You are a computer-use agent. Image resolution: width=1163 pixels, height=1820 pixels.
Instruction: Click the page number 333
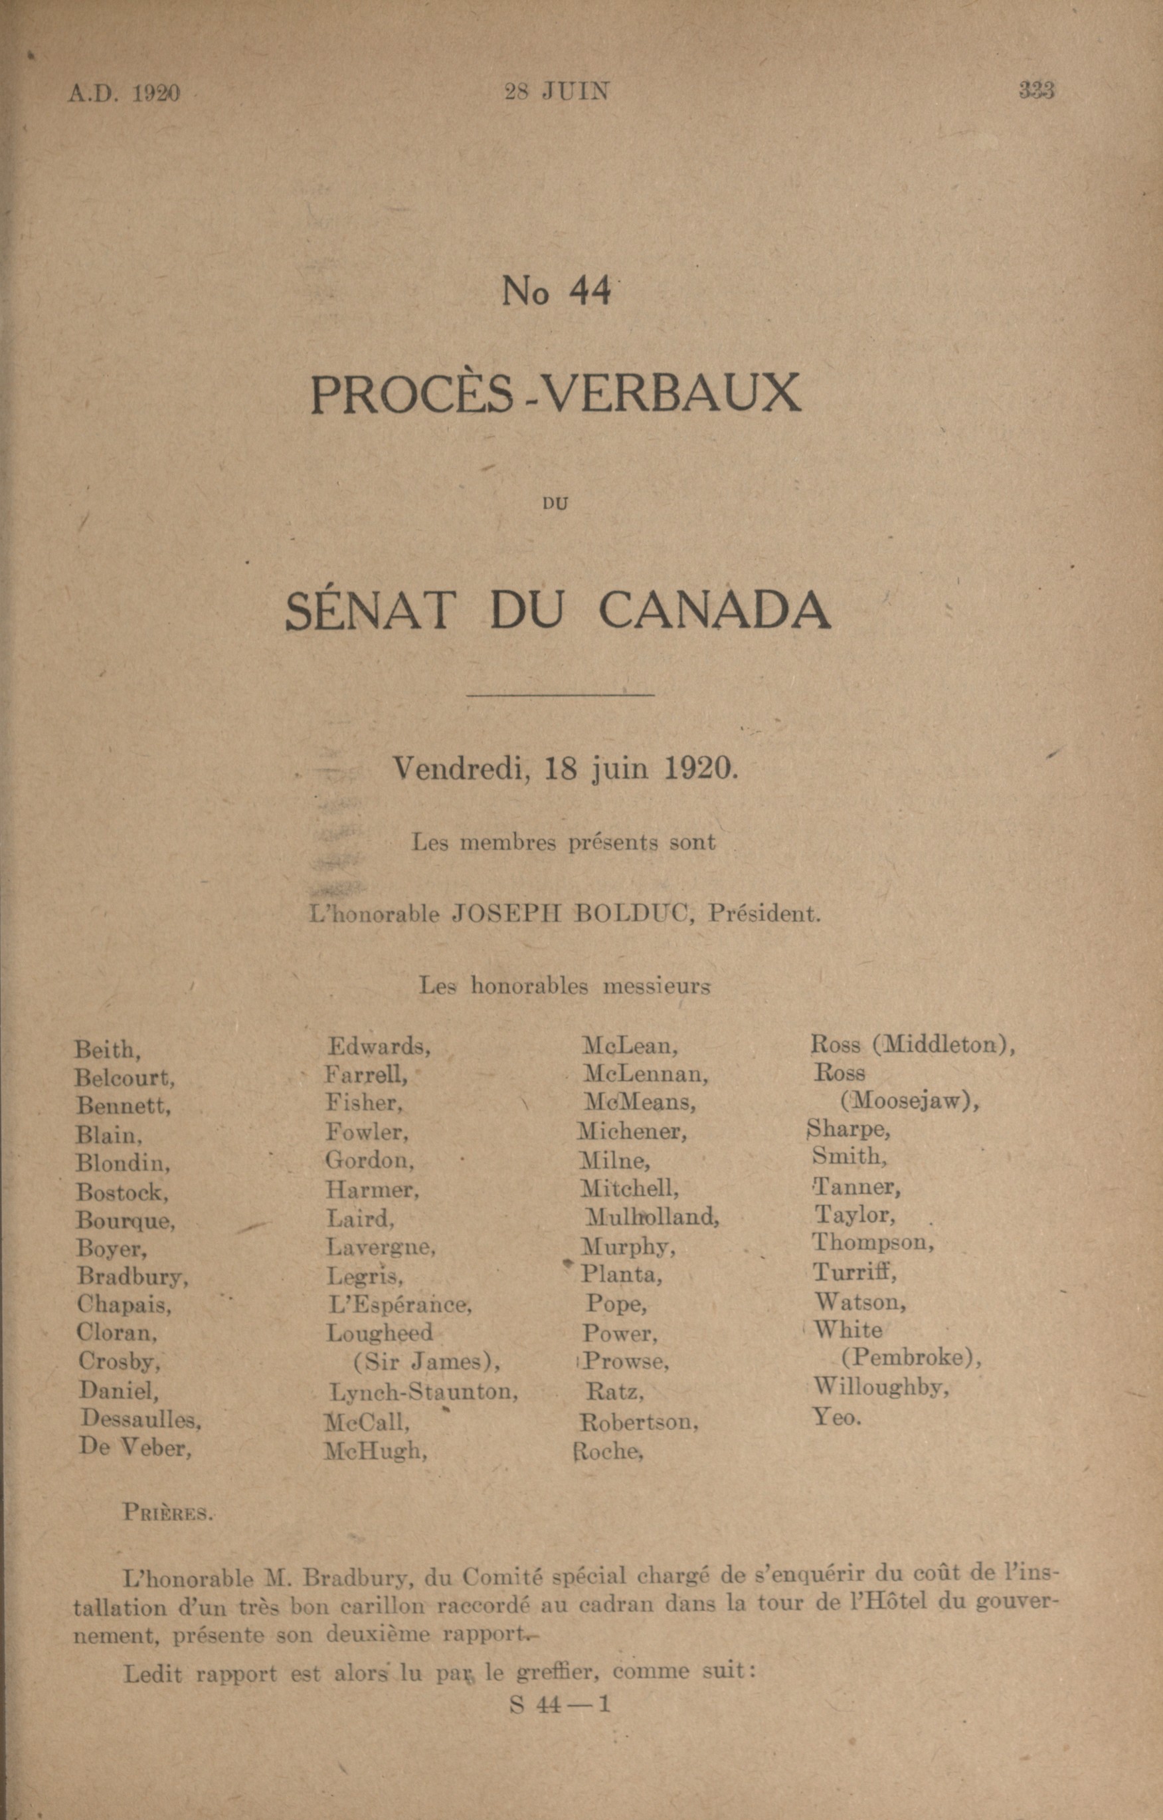(1036, 90)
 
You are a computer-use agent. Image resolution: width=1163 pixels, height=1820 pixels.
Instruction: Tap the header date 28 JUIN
(556, 92)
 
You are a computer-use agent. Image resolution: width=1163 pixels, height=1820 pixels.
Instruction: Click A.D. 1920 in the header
(124, 93)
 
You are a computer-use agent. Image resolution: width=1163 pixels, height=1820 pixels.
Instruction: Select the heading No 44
(556, 291)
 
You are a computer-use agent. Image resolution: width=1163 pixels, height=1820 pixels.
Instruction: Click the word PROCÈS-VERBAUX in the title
(555, 393)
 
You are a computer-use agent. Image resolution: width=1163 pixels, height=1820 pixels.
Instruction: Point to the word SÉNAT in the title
(371, 611)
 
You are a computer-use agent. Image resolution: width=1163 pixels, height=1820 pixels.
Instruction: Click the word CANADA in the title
(715, 611)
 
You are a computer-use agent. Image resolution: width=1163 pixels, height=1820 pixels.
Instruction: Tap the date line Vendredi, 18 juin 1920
(565, 769)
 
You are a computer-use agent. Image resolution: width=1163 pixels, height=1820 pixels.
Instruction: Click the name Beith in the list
(106, 1050)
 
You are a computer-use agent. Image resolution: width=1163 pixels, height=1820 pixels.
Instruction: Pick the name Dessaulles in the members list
(141, 1419)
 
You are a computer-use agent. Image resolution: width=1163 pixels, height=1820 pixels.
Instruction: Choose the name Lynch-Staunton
(423, 1391)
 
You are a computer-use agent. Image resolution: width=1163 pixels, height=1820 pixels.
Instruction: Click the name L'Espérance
(399, 1304)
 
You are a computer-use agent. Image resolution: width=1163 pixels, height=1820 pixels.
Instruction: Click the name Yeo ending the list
(836, 1417)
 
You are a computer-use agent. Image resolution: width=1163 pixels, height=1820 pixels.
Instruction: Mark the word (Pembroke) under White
(911, 1358)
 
